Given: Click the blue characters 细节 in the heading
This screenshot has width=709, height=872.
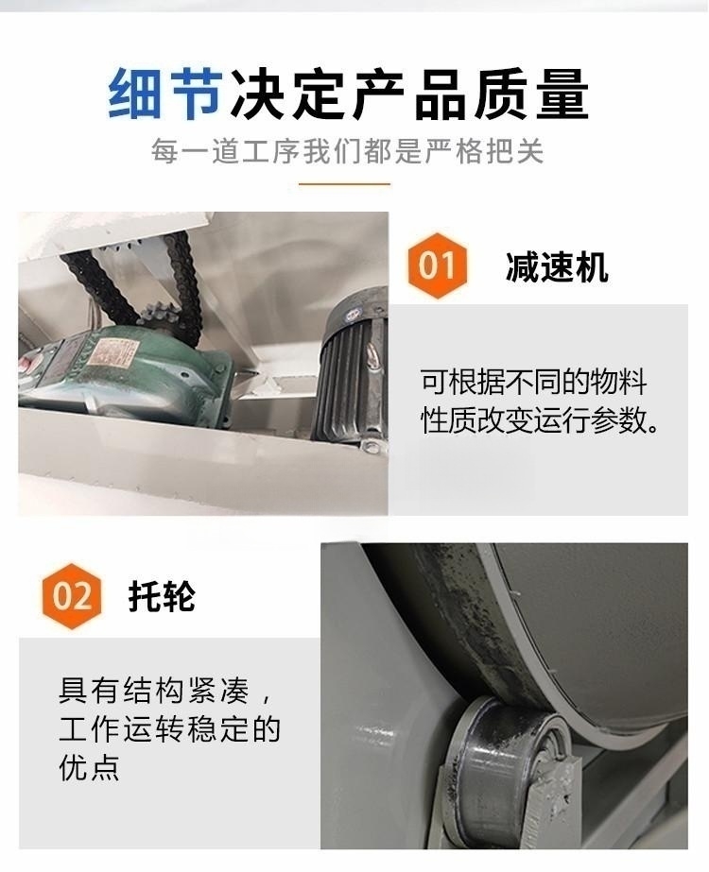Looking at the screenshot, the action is pos(165,94).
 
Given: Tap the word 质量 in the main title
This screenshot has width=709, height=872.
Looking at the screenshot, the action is pos(531,94).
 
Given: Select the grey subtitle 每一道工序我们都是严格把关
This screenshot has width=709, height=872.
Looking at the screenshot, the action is pos(347,151).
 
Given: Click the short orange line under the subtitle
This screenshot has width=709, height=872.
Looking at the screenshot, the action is pos(344,183).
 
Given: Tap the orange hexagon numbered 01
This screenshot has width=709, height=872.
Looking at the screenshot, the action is pos(437,265).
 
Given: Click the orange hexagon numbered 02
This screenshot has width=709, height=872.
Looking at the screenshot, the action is pos(72,595).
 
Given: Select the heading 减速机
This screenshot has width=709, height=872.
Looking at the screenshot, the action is pos(557,267).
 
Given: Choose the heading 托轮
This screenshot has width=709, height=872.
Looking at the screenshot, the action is pos(162,597).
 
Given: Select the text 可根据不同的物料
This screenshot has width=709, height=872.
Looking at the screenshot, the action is pos(534,383).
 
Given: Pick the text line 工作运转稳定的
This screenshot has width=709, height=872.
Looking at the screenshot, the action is pos(170,729).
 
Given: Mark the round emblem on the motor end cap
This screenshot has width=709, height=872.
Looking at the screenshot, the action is pos(352,316).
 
